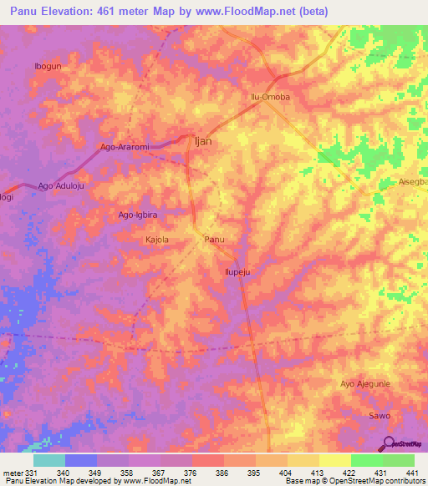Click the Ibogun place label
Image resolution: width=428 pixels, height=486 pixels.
coord(48,65)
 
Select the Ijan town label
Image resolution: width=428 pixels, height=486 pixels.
coord(202,141)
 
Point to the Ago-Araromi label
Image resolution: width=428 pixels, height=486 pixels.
coord(125,147)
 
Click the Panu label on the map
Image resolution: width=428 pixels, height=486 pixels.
coord(215,240)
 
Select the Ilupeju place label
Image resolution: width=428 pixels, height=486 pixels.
coord(238,271)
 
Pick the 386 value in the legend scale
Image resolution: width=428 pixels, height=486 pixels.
coord(222,472)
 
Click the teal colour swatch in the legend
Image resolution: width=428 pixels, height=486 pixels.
coord(48,460)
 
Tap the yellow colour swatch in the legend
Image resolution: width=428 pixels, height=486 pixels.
coord(334,460)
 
